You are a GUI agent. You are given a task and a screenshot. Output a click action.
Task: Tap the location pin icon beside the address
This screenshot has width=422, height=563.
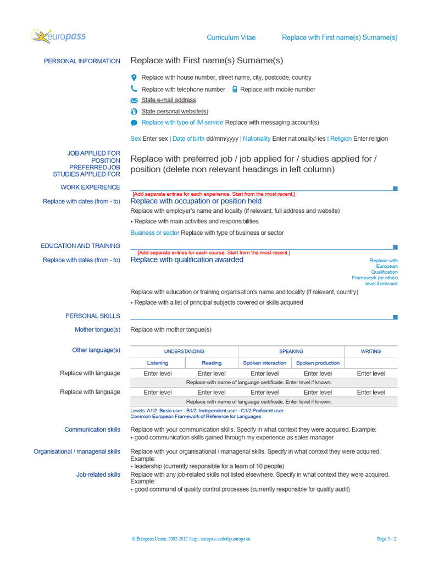pos(134,78)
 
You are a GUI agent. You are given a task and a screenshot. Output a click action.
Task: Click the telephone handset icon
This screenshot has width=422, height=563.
pos(134,89)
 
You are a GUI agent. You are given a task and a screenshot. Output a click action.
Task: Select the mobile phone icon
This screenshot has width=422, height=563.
pos(235,89)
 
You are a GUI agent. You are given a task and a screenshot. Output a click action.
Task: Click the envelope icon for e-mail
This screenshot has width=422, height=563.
pos(134,101)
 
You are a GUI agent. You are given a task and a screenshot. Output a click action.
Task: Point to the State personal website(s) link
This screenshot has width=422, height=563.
pos(175,112)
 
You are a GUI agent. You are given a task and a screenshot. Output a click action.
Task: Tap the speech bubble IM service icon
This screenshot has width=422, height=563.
pos(134,123)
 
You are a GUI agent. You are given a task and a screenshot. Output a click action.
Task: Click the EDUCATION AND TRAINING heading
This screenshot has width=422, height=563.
pos(80,246)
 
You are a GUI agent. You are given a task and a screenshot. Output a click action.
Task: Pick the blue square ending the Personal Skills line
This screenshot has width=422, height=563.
pos(395,317)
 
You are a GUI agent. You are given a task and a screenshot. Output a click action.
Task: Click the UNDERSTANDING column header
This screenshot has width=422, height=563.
pos(184,351)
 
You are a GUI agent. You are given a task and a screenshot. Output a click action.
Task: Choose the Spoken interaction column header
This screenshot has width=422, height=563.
pos(265,363)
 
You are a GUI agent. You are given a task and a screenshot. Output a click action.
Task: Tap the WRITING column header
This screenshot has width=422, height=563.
pos(371,351)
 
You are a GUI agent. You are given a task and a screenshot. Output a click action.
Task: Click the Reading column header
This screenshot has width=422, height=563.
pos(212,363)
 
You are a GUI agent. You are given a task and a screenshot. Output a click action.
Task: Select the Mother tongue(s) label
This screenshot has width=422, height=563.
pos(97,330)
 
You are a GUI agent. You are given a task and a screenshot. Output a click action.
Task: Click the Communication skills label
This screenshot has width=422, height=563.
pos(92,429)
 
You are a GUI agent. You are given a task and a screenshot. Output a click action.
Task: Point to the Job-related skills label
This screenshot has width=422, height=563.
pos(98,474)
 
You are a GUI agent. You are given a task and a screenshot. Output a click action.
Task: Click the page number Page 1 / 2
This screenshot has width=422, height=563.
pos(387,539)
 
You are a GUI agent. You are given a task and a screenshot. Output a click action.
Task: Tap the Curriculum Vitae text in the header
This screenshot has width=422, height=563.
pos(231,37)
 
